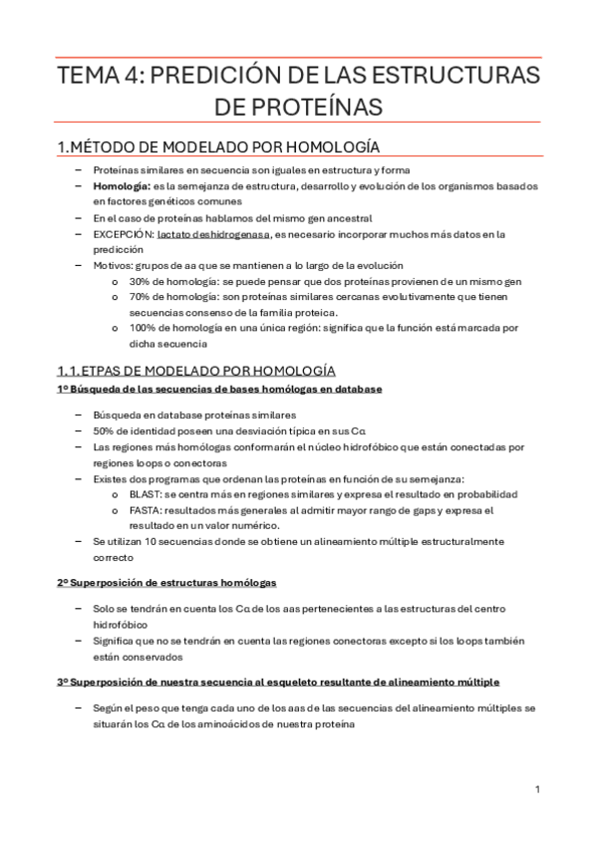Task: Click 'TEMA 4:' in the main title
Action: pos(97,77)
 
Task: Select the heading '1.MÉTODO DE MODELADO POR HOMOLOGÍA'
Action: pos(217,146)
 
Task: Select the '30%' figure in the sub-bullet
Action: pos(139,282)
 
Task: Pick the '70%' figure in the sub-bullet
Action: pos(139,298)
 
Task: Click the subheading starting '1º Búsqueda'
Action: pos(219,389)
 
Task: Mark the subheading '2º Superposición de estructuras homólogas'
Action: pos(166,581)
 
